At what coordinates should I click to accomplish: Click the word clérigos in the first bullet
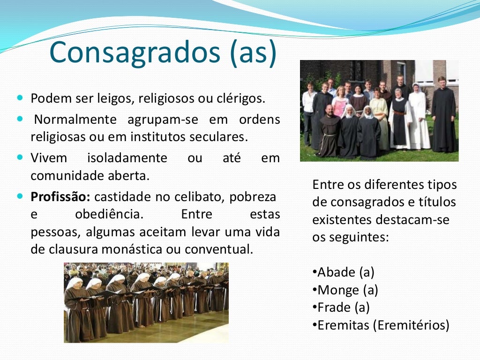pos(240,99)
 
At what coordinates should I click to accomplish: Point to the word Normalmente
pos(75,120)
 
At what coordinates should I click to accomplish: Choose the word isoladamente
pos(127,158)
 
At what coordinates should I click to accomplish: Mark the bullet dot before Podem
pos(20,99)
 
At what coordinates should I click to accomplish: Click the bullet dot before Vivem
pos(20,157)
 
